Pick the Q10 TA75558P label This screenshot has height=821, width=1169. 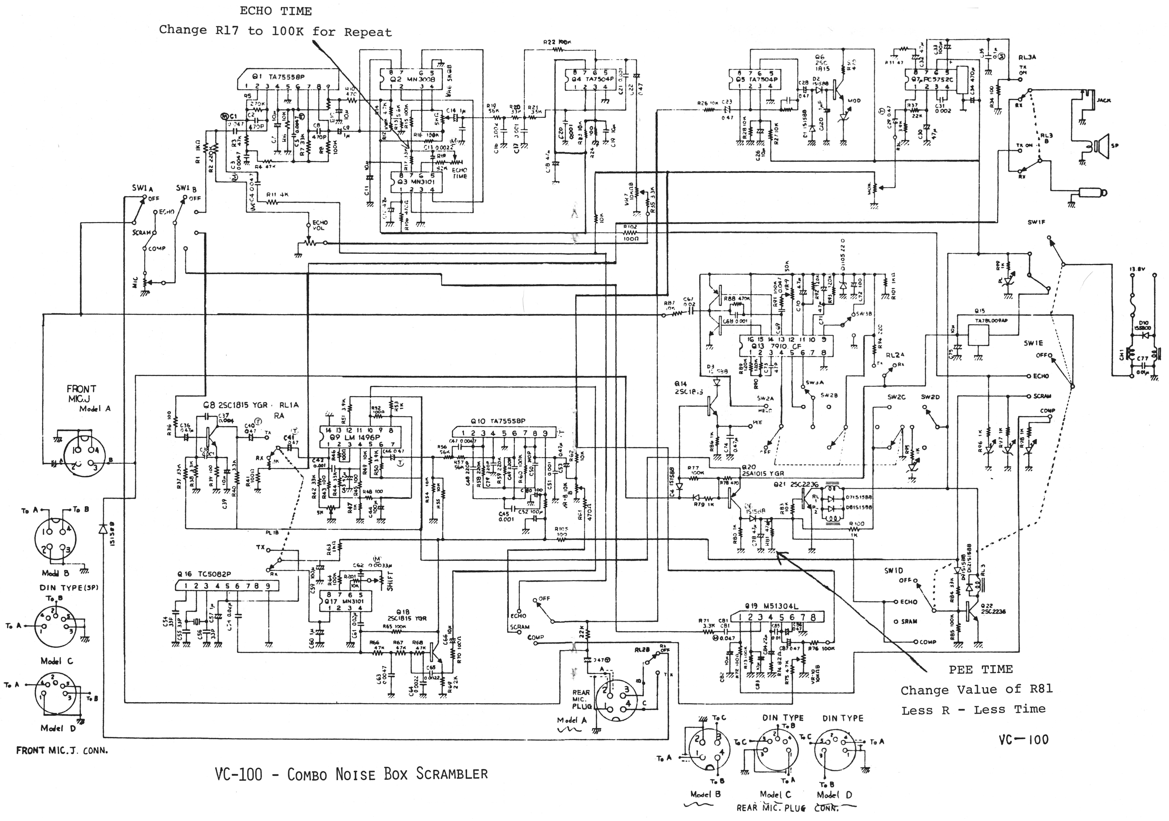(498, 421)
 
